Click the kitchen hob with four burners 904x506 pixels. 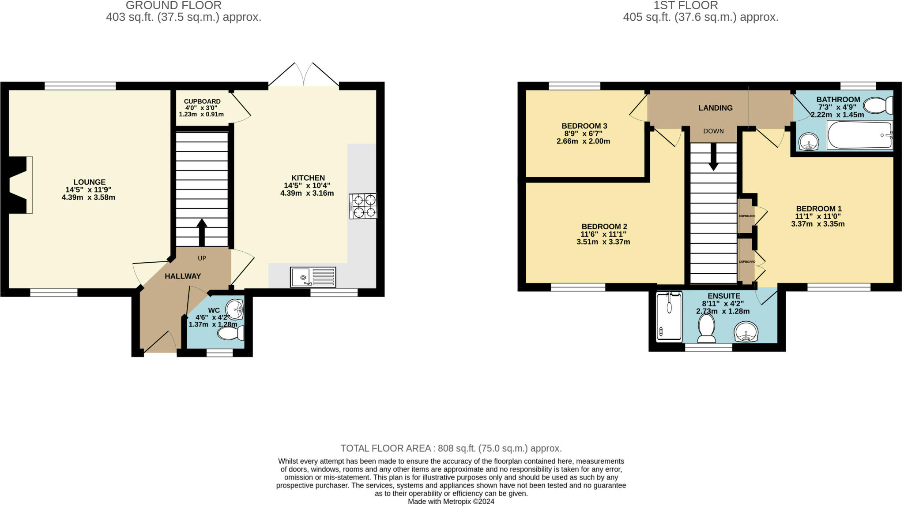click(x=363, y=206)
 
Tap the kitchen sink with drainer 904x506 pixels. click(x=313, y=277)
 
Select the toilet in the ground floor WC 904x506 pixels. click(x=231, y=333)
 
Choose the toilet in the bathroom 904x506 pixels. click(x=878, y=106)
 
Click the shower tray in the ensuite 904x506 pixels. click(x=669, y=316)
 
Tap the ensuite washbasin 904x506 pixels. click(x=746, y=332)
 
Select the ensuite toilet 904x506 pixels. click(x=707, y=328)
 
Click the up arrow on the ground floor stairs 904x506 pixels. click(x=202, y=232)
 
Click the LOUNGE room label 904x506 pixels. click(x=90, y=182)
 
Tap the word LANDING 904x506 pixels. click(x=716, y=108)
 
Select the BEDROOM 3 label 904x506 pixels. click(x=581, y=126)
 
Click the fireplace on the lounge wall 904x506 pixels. click(x=20, y=185)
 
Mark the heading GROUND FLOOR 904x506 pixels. click(x=173, y=5)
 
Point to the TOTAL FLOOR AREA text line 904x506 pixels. click(x=451, y=448)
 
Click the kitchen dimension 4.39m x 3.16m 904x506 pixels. click(x=307, y=193)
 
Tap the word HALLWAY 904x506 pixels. click(x=183, y=276)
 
